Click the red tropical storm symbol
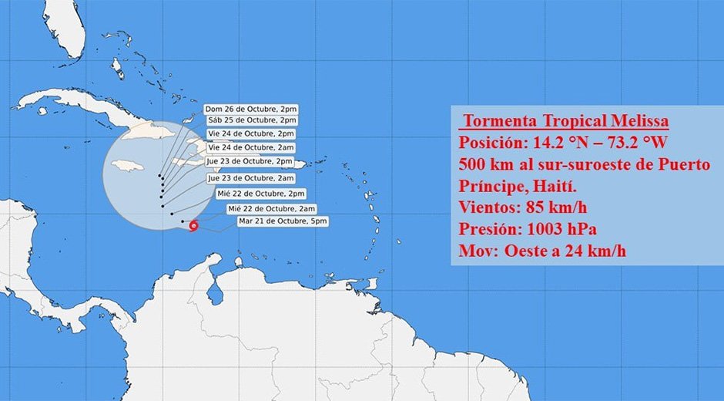[x=193, y=226]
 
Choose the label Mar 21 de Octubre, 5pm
[x=283, y=221]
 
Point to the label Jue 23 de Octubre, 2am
[x=250, y=178]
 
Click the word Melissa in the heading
[x=631, y=122]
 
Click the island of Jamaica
[x=129, y=166]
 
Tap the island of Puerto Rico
[x=295, y=163]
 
